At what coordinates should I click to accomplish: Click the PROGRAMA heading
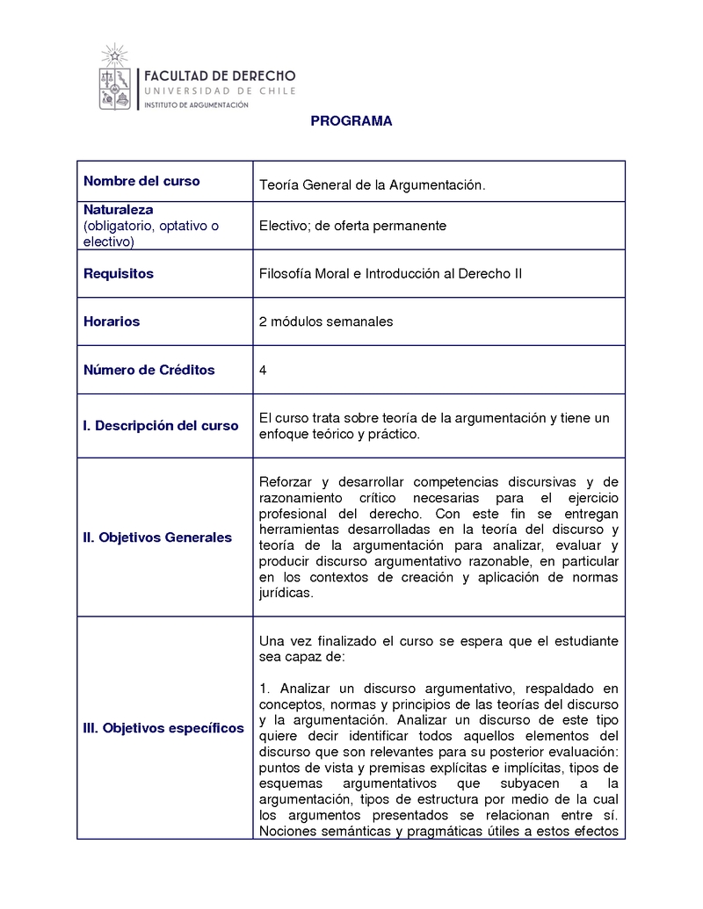351,122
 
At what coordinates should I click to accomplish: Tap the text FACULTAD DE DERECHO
219,76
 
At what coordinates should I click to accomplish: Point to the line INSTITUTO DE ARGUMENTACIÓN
195,105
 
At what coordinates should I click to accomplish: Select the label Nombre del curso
141,182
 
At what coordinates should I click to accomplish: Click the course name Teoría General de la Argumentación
372,185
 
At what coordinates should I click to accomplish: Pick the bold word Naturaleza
119,210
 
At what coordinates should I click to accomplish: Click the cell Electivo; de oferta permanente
352,226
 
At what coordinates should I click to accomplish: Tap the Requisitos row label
119,274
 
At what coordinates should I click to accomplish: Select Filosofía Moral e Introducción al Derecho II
390,274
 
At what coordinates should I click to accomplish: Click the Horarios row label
112,321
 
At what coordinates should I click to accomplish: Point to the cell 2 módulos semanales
326,321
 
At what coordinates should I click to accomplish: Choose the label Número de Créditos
149,370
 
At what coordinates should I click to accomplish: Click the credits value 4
263,370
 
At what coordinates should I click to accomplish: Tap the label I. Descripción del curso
161,426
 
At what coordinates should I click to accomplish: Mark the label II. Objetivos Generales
157,537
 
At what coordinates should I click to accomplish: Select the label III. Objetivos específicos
163,728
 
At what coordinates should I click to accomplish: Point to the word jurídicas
286,593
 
